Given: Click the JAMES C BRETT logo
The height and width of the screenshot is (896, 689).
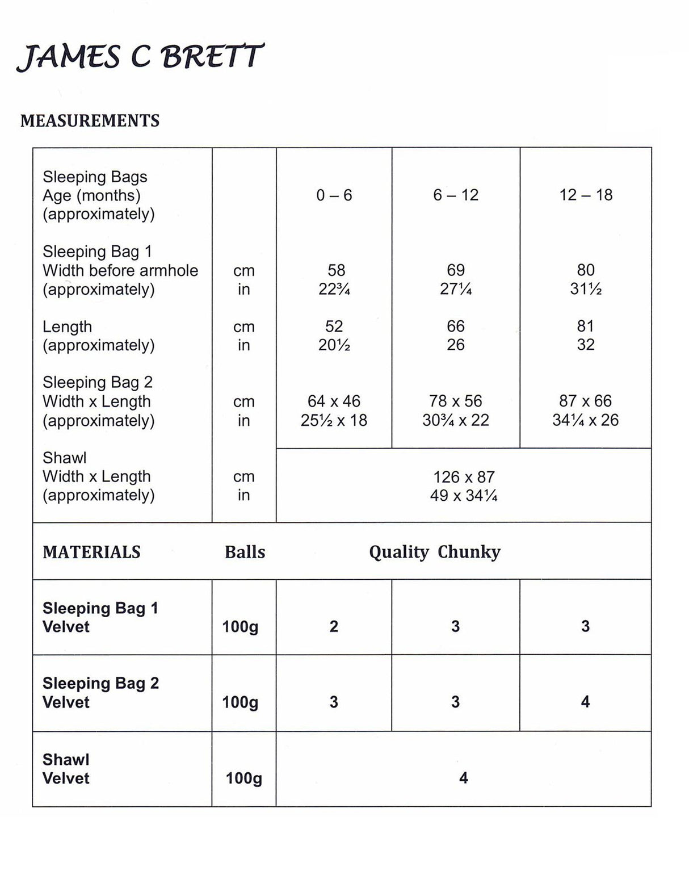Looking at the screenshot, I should pos(140,57).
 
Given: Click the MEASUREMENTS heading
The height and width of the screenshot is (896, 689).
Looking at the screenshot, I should pos(90,120).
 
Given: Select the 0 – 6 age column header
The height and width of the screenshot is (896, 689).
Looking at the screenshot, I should pos(334,195).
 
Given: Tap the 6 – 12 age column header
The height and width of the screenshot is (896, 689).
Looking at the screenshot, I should pos(455,195).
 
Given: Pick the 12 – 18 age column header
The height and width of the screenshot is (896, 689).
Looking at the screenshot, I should pos(585,195).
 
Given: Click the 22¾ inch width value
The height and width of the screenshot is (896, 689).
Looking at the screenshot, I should pos(334,289).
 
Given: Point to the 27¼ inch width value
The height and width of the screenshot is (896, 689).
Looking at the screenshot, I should pos(455,289).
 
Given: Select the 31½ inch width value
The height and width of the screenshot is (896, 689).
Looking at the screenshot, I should pos(585,289).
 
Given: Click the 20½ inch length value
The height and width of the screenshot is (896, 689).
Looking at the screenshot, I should pos(334,345).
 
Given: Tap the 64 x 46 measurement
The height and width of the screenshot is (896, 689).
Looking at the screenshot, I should pos(334,401).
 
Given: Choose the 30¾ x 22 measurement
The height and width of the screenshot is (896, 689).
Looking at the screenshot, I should pos(455,420).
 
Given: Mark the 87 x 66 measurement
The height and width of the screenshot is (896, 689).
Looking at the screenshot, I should pos(585,401).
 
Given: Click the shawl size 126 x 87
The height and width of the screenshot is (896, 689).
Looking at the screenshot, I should pos(464,476).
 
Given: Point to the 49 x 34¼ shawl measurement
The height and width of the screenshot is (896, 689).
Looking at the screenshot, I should pos(464,495).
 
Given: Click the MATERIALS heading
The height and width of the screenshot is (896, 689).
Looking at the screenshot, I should pos(91,552).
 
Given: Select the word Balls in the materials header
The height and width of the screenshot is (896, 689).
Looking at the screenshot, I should pos(245,552).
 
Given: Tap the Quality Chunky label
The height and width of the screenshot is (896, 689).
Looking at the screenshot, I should pos(435,552).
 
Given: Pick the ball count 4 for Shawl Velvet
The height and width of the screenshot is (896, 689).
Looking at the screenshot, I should pos(464,777).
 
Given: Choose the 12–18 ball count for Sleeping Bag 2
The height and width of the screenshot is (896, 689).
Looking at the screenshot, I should pos(585,702).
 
